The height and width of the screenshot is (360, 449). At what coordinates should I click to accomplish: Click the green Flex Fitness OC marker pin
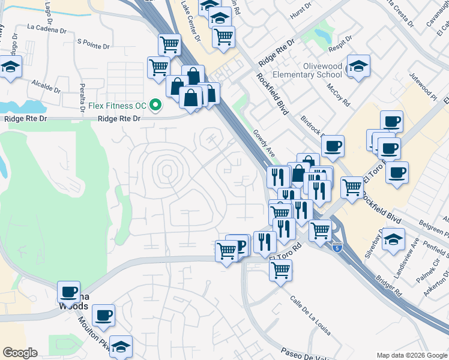point(156,106)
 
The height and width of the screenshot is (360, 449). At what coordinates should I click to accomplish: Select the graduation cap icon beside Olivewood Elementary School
point(358,67)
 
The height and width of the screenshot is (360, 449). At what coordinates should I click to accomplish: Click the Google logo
point(20,353)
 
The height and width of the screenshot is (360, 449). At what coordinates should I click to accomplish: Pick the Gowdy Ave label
point(264,143)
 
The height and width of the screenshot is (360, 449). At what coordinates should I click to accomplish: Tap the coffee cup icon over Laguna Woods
point(68,292)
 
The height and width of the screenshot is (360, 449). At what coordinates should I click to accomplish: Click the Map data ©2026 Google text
point(411,355)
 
